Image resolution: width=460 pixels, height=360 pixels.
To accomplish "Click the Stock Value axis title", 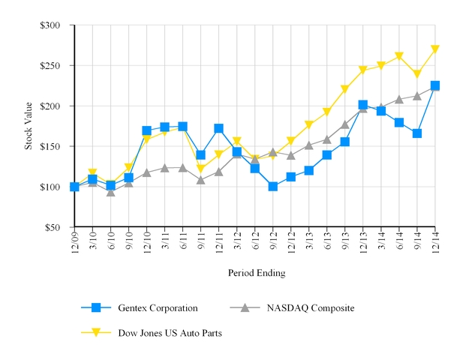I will pos(29,126).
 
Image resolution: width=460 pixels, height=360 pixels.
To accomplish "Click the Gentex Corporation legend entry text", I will pos(158,307).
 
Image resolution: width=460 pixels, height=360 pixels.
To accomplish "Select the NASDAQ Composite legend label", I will pos(311,307).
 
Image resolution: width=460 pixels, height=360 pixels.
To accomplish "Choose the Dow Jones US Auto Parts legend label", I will pos(170,331).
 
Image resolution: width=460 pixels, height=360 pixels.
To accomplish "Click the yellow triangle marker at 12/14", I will pos(435,49).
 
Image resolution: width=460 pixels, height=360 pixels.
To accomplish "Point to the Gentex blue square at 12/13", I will pos(363,105).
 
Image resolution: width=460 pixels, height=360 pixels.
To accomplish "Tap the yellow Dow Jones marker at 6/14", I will pos(399,56).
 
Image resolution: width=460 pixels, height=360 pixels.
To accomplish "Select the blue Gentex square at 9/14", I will pos(417,133).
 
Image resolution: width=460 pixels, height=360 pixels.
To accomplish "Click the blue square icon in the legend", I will pos(95,307).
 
